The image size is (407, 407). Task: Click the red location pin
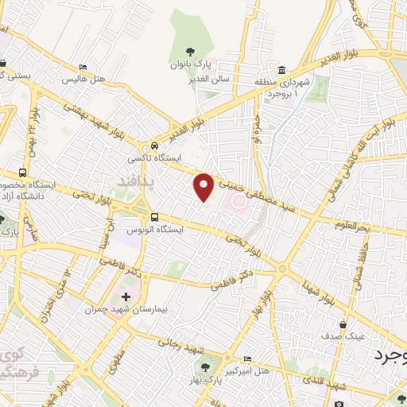204,186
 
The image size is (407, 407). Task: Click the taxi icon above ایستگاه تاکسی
153,146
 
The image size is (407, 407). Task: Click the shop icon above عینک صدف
343,325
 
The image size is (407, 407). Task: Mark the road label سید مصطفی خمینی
262,192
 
